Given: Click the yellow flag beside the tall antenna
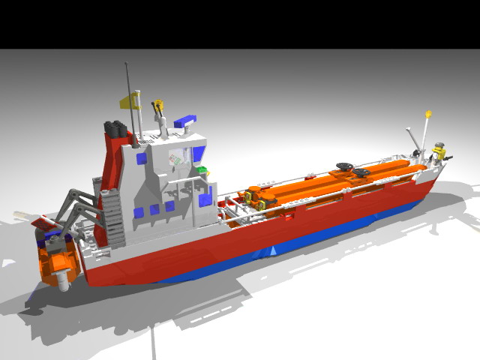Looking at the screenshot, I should coord(128,102).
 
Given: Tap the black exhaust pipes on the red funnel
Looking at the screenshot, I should coord(115,130).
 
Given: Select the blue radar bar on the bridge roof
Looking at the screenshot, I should coord(186,121).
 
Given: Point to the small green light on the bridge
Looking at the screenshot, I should coord(201,169).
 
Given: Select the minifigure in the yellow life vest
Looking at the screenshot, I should coord(439,153).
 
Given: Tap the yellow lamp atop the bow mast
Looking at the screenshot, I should coord(428,114).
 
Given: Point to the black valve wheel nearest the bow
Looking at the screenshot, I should coord(361,174).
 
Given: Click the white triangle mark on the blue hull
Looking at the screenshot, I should coord(274,250).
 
